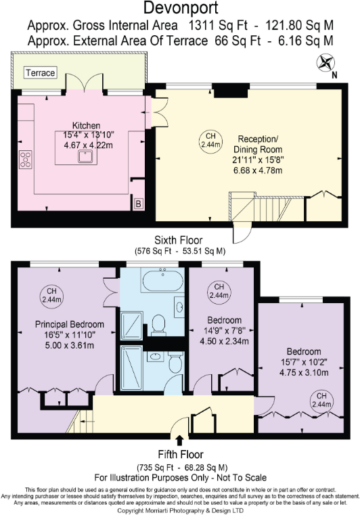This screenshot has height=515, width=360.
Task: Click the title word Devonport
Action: click(179, 9)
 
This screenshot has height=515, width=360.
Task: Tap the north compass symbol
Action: click(326, 64)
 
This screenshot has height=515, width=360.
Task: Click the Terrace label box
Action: click(41, 72)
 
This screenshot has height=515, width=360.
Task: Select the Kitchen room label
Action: click(87, 126)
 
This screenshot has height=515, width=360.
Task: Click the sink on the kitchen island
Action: click(87, 157)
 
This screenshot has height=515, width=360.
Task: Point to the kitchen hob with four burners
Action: click(26, 160)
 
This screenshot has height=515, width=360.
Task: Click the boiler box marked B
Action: click(137, 203)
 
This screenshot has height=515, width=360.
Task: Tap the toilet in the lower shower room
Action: click(175, 363)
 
